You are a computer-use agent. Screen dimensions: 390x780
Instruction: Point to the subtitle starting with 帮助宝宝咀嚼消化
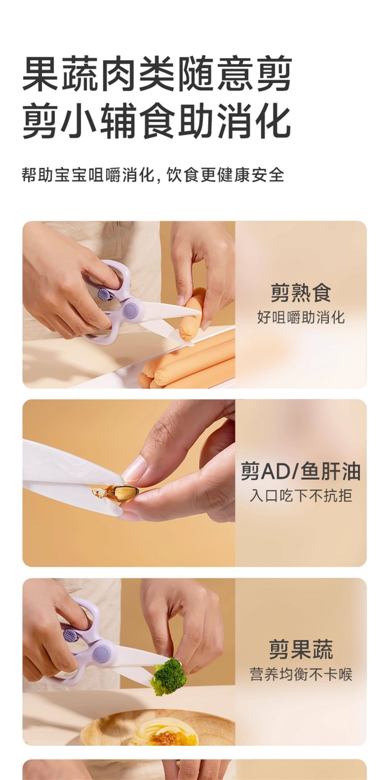[x=153, y=175]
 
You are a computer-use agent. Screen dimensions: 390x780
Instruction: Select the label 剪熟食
[x=301, y=293]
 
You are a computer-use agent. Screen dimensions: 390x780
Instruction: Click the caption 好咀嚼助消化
[x=301, y=317]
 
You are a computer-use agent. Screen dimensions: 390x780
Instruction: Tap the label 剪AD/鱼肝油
[x=301, y=472]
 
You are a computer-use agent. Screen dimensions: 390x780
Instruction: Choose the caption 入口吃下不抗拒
[x=301, y=496]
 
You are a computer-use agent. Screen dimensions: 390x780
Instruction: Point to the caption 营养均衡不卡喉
[x=301, y=674]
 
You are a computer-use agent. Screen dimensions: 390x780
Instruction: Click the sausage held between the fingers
[x=192, y=314]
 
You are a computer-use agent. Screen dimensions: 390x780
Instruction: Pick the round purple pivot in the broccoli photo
[x=102, y=653]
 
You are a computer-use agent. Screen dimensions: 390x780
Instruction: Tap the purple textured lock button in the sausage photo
[x=103, y=294]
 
